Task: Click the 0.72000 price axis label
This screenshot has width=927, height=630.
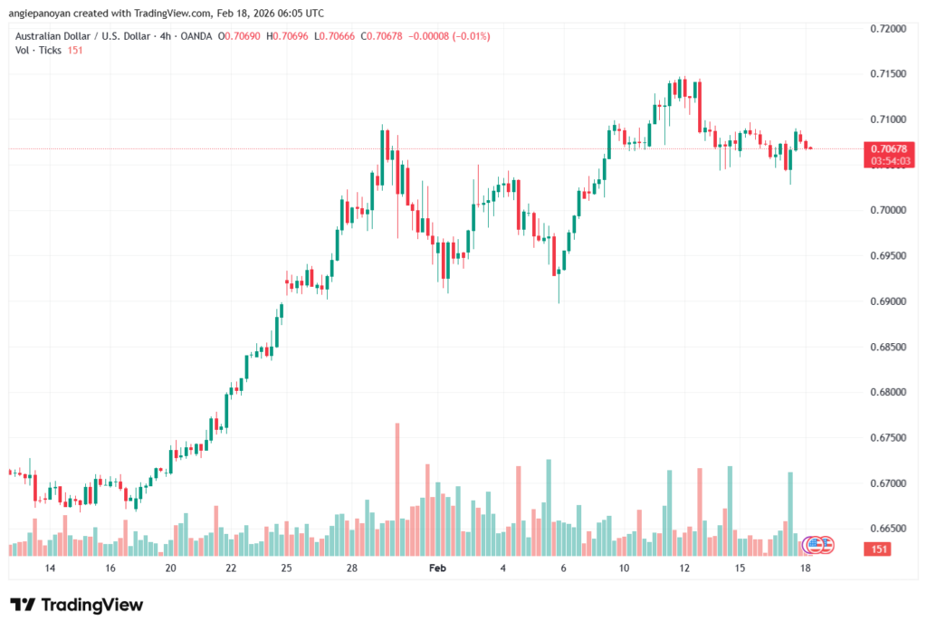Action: (886, 29)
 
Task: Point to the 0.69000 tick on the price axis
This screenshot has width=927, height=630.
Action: (886, 301)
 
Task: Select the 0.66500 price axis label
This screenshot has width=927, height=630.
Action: (886, 529)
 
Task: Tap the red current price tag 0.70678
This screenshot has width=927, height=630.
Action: (891, 148)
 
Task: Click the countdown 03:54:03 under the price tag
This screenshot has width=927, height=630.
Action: (891, 160)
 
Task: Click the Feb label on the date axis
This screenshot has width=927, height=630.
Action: (437, 568)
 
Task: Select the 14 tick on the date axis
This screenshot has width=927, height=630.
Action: (50, 568)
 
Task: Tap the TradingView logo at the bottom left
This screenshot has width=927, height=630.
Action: (77, 605)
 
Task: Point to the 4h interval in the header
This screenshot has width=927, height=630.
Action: (160, 35)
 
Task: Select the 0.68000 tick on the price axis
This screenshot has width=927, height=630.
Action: (886, 392)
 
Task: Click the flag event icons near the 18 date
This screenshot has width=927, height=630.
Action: (818, 545)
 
